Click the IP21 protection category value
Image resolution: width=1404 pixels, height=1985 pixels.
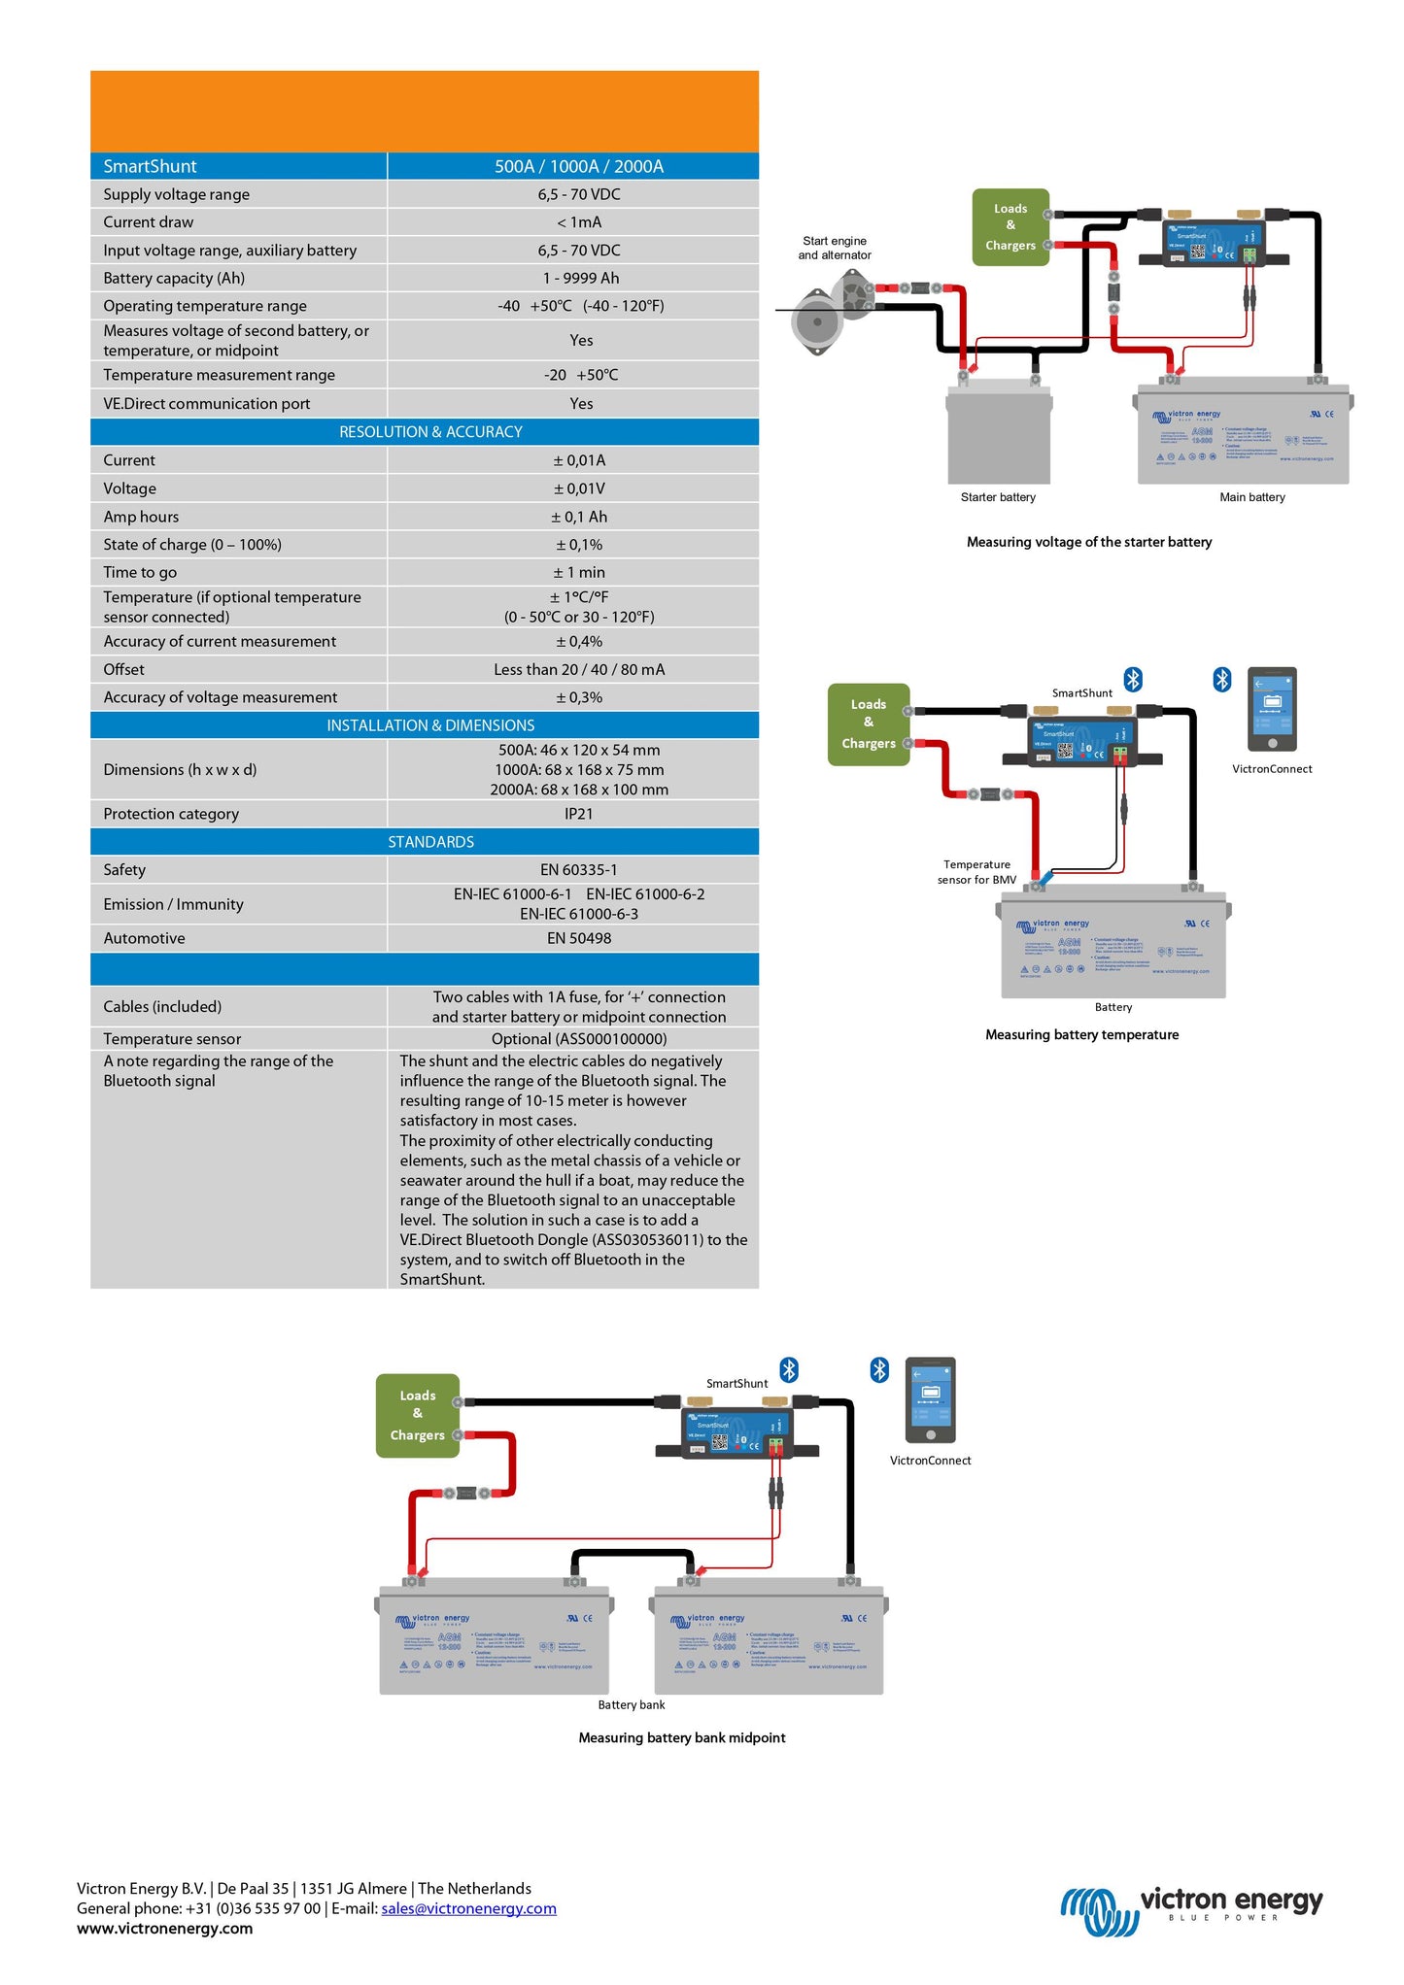pos(578,814)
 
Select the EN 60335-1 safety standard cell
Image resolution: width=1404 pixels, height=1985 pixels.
pos(578,870)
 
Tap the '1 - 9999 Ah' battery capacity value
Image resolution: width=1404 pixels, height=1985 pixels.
pos(580,278)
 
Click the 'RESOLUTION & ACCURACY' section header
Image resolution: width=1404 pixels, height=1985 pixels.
pos(430,432)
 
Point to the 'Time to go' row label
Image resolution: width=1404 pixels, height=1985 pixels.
pos(140,573)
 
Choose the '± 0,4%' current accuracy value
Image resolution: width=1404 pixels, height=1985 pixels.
pos(579,642)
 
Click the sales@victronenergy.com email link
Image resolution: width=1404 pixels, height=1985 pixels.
pos(468,1908)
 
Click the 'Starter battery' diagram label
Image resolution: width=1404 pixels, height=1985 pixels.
pos(998,497)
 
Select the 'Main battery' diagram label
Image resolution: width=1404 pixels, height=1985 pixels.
pos(1251,497)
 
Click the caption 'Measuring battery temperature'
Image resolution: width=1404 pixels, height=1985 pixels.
pos(1081,1035)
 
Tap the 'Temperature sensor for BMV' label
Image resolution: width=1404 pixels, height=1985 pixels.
pos(976,872)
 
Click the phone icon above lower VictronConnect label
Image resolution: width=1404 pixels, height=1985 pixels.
pos(930,1400)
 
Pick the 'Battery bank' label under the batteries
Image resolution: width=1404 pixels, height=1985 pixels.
pos(632,1705)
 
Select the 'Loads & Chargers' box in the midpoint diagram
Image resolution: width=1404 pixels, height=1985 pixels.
pos(417,1416)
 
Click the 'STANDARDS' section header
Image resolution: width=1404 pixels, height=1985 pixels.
pos(430,842)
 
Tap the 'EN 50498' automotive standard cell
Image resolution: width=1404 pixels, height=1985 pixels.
pos(578,938)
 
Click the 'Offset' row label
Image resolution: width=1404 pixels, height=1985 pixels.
pos(123,670)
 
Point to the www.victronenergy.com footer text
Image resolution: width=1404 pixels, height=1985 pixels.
pos(164,1929)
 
